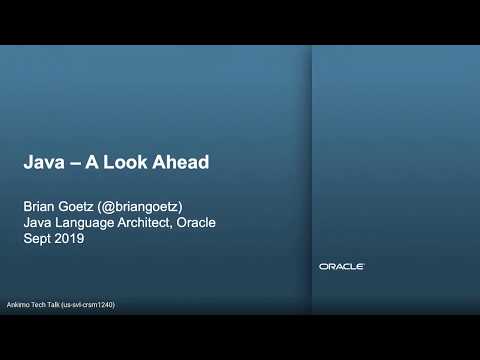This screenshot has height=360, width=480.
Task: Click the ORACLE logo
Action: tap(341, 266)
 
